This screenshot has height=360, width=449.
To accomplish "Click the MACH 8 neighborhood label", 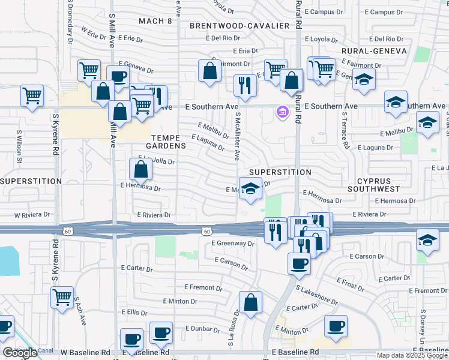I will (155, 21).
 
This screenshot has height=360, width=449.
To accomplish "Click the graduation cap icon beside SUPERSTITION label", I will (251, 188).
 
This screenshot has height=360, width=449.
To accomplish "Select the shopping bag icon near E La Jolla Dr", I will (140, 170).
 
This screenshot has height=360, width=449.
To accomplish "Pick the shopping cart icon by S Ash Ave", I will (62, 297).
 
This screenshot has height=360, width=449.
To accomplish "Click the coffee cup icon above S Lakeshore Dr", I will (299, 263).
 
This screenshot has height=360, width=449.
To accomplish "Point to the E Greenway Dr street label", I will (234, 243).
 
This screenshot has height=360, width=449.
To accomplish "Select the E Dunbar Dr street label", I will (204, 328).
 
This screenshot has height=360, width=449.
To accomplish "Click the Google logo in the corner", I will (19, 353).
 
